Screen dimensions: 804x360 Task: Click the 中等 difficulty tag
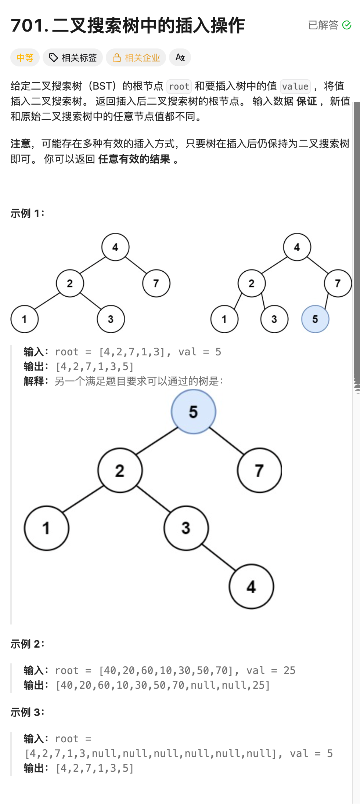point(25,58)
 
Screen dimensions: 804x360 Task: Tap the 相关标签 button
point(73,58)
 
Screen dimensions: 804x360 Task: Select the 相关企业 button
point(136,58)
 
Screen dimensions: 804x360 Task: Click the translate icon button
point(180,58)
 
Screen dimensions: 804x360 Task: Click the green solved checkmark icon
point(346,25)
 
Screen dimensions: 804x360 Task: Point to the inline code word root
point(179,87)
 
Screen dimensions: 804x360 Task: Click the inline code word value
point(295,87)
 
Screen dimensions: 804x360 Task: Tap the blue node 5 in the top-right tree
point(315,319)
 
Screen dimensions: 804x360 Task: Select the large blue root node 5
point(194,412)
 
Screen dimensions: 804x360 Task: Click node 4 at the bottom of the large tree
point(251,586)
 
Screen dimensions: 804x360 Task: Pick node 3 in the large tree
point(186,528)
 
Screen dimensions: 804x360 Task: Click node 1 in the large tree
point(46,528)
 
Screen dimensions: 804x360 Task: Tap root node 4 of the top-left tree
point(115,247)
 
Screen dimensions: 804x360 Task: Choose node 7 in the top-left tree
point(156,283)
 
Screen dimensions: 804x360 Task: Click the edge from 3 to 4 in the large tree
point(219,557)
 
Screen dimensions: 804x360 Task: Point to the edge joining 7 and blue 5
point(327,301)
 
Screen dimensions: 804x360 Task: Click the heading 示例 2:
point(27,644)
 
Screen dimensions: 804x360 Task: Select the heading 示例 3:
point(27,712)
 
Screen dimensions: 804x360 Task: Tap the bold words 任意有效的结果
point(134,159)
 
